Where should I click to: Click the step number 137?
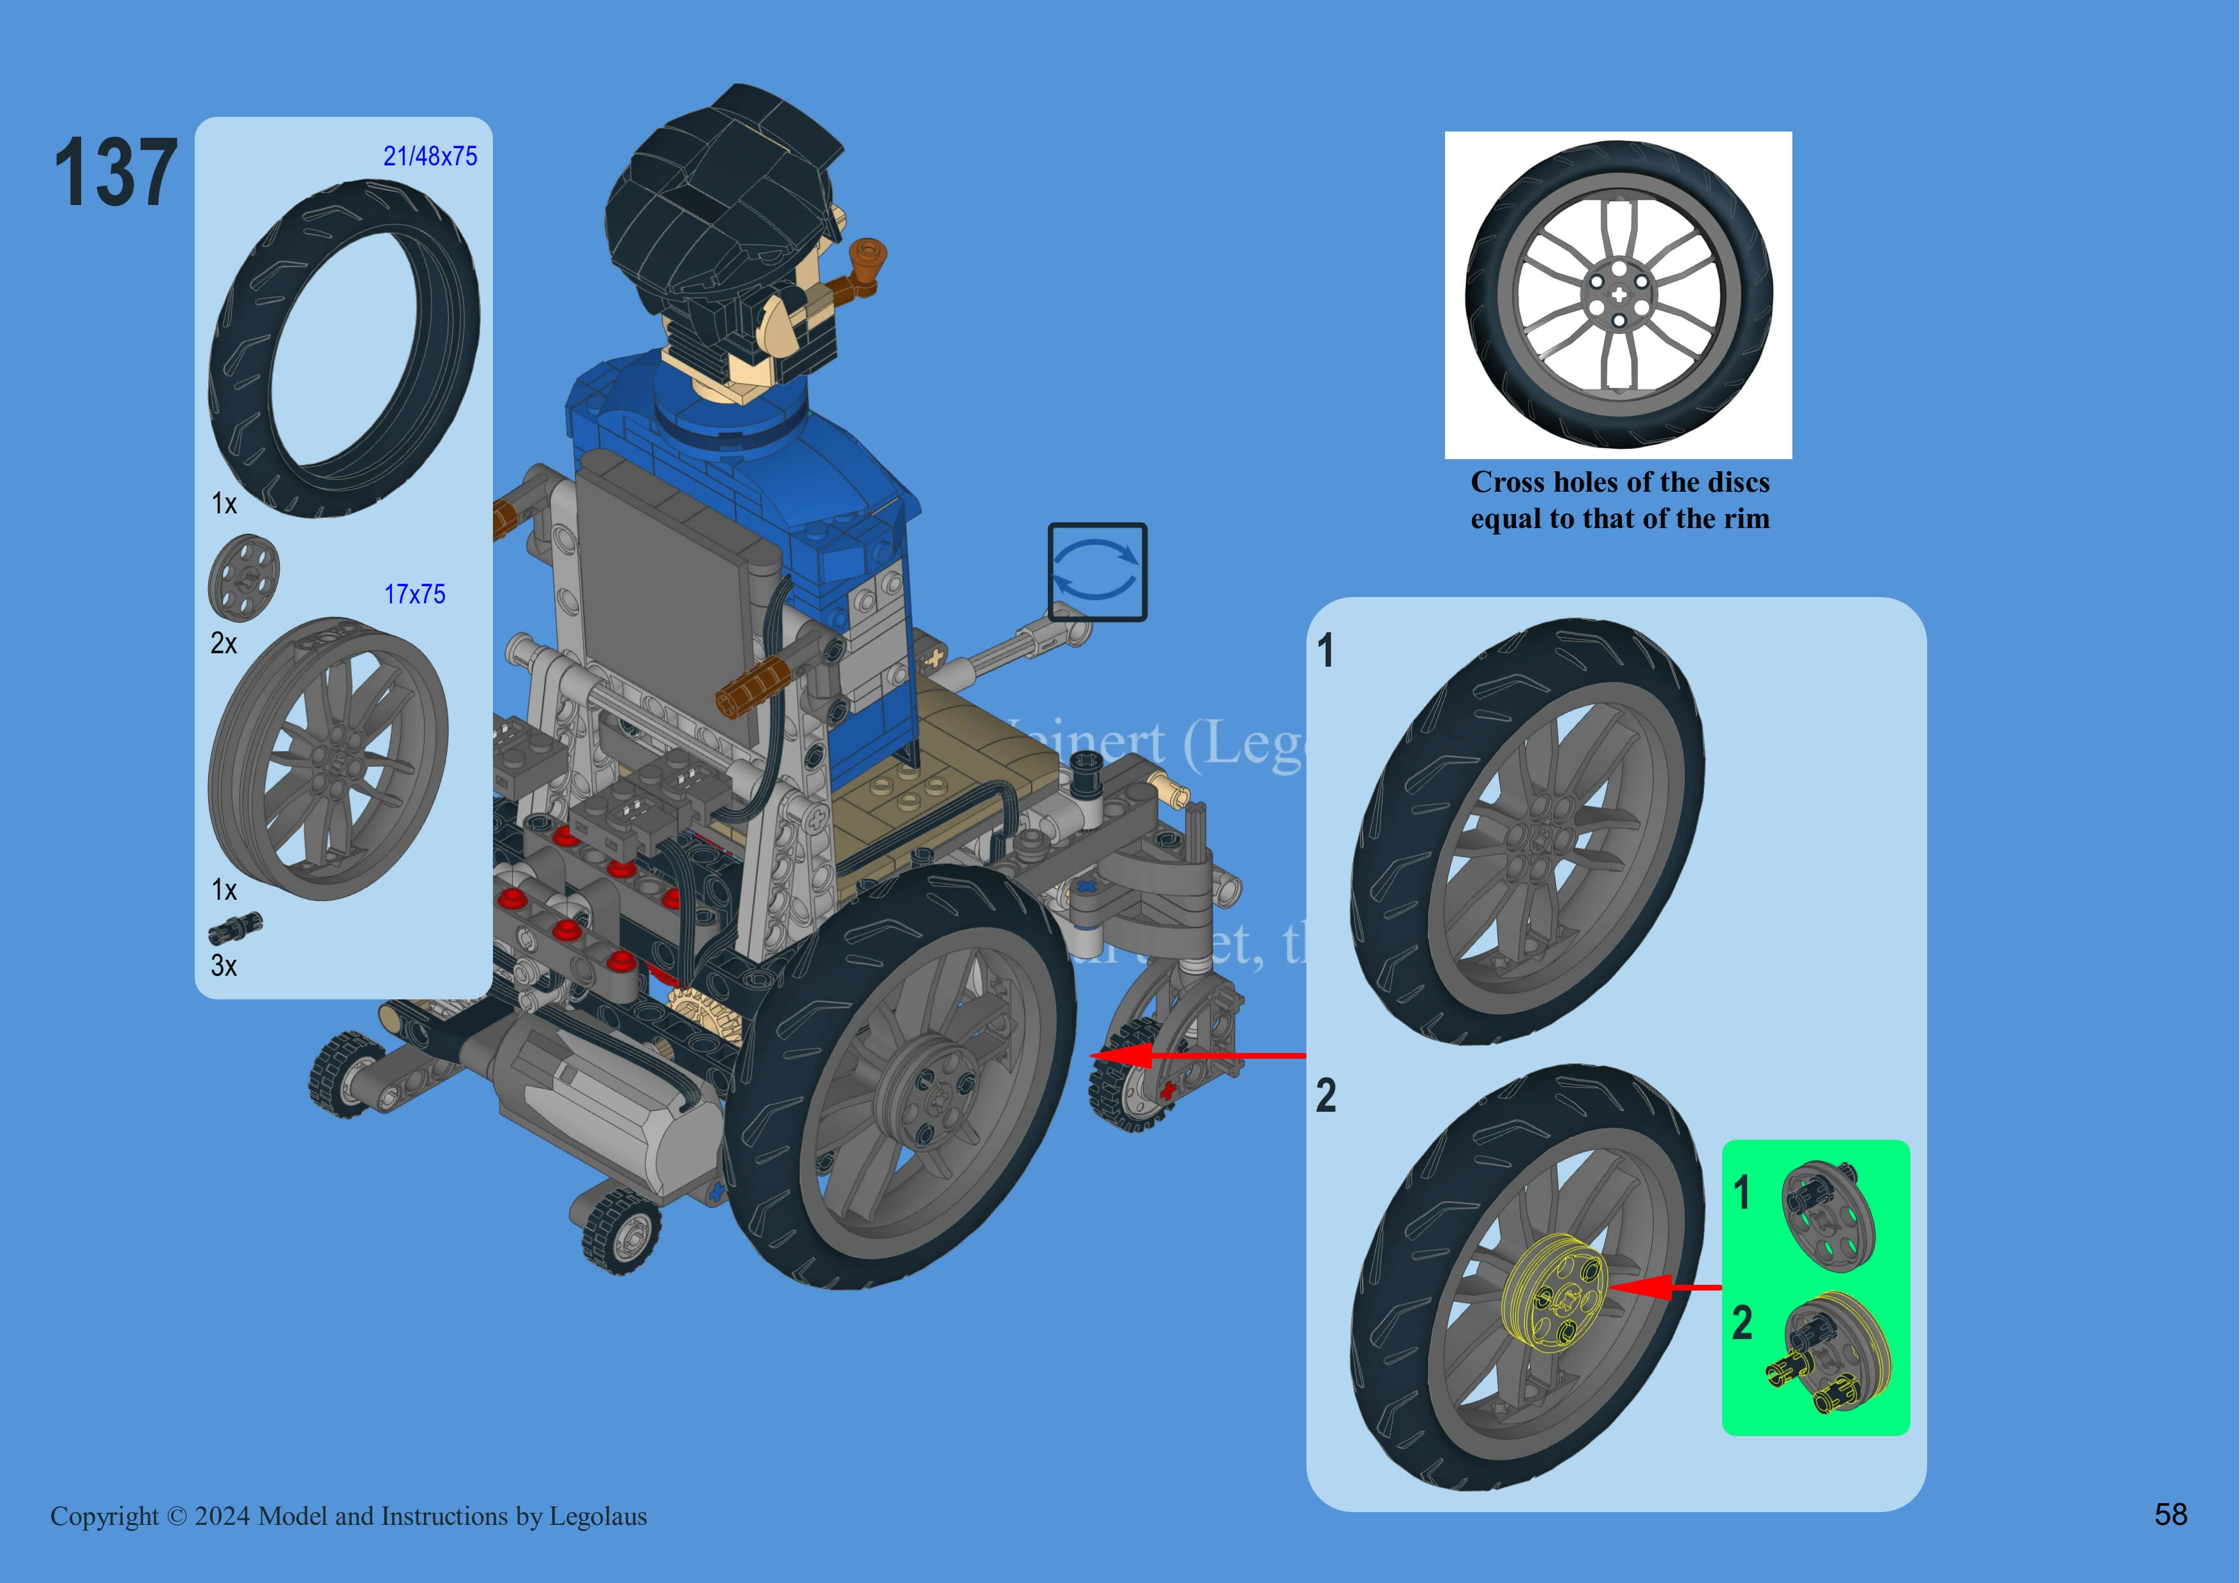tap(115, 172)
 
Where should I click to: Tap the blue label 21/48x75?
tap(430, 156)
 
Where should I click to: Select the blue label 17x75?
tap(414, 594)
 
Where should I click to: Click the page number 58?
tap(2171, 1514)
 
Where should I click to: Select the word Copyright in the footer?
tap(104, 1516)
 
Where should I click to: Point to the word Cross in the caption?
tap(1508, 482)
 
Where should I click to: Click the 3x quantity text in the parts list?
tap(223, 966)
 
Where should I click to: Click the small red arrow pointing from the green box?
tap(1663, 1287)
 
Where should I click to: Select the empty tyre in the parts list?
tap(344, 347)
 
